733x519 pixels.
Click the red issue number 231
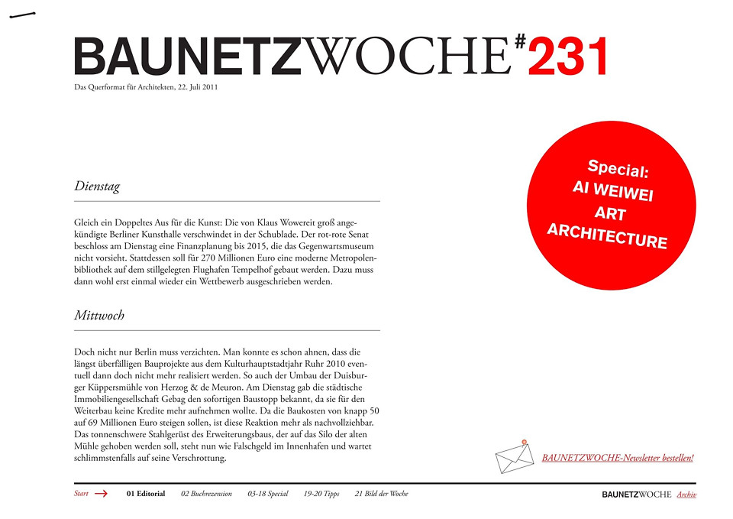[x=569, y=57]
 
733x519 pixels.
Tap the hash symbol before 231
[x=520, y=43]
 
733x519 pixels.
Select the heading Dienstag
[x=97, y=186]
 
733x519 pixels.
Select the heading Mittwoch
[x=99, y=315]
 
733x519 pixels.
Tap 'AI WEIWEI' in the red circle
[x=612, y=191]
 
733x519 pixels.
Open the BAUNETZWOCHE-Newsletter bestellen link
[x=618, y=458]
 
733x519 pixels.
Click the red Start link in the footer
[x=81, y=494]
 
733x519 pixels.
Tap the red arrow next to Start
[x=101, y=494]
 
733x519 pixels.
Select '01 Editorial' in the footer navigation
[x=146, y=494]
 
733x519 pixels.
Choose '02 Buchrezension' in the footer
[x=206, y=494]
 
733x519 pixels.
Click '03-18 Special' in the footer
[x=268, y=494]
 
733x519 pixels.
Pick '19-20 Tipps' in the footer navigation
[x=321, y=494]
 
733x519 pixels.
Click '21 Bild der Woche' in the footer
[x=382, y=494]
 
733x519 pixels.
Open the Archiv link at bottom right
[x=686, y=495]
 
